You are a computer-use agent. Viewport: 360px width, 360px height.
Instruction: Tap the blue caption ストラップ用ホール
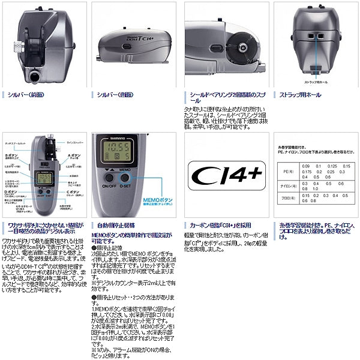coord(300,95)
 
